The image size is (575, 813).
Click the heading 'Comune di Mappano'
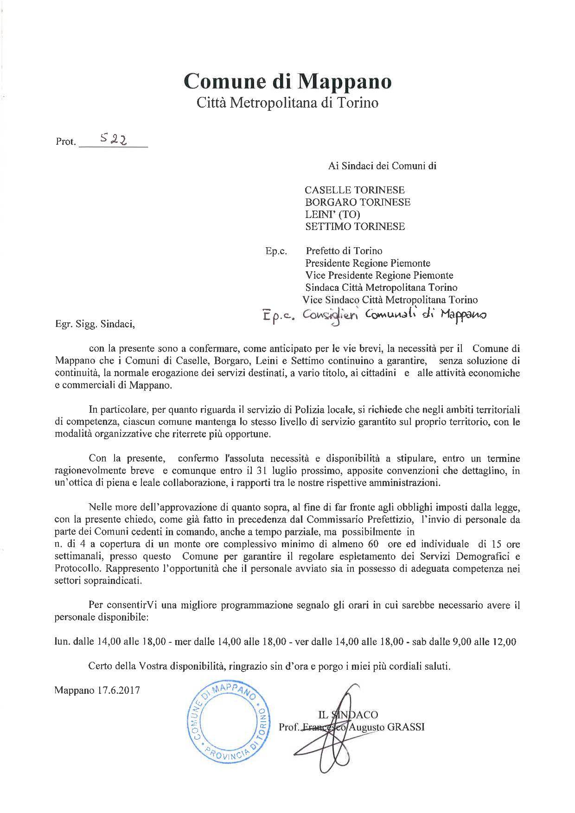point(287,81)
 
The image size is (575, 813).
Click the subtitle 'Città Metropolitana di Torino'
point(287,102)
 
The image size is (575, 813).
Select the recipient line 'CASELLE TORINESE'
point(354,190)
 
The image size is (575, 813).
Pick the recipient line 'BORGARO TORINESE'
point(358,202)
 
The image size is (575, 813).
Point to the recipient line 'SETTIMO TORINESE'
point(355,226)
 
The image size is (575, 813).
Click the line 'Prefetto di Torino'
point(344,251)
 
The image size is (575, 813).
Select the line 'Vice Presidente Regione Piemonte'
point(379,275)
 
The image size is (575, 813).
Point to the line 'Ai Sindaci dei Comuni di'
point(382,166)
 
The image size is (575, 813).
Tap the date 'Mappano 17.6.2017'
point(97,690)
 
